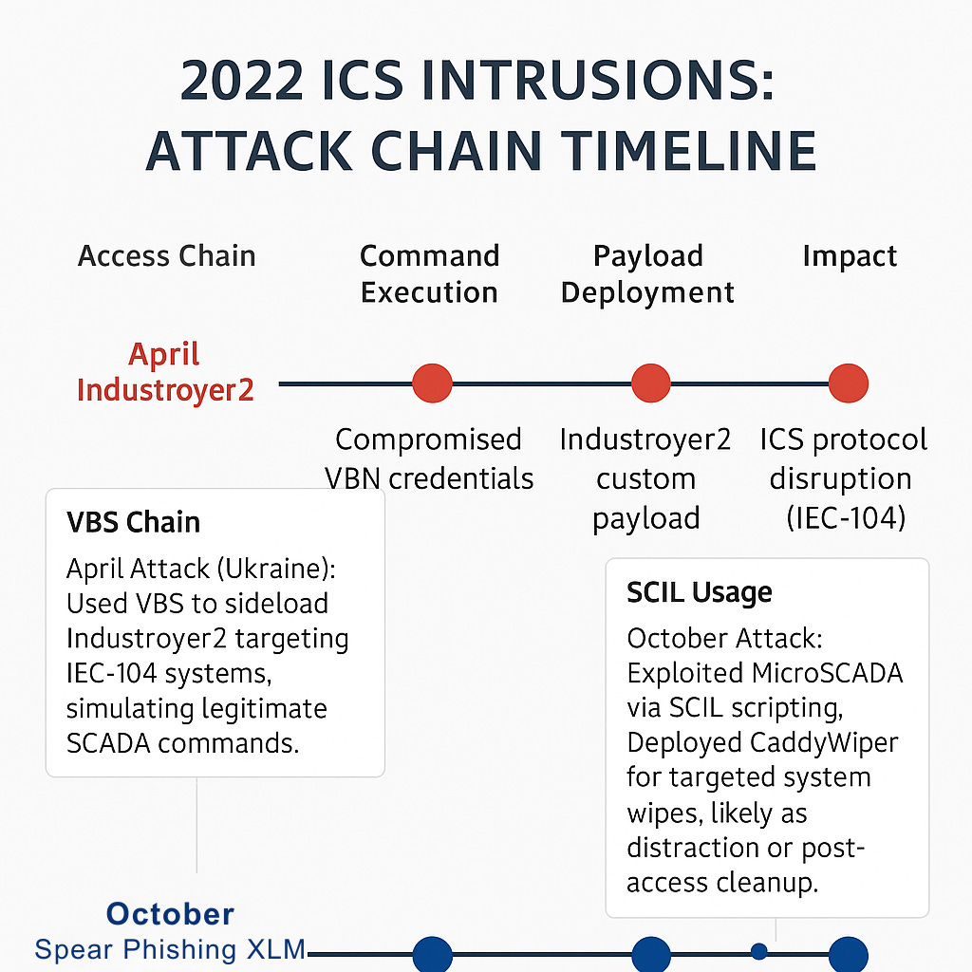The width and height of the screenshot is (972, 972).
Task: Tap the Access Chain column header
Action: (167, 256)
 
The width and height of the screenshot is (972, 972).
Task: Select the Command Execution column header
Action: (429, 273)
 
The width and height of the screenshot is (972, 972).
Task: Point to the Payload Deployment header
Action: (647, 273)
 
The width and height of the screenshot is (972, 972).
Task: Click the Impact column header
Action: (850, 256)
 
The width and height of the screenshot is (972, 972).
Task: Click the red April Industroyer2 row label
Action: (166, 372)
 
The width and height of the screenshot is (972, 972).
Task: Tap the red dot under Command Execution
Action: (432, 384)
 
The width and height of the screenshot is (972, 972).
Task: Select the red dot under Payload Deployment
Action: (651, 384)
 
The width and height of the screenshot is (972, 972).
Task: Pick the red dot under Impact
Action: (848, 384)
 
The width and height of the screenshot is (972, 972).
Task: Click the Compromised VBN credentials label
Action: (429, 458)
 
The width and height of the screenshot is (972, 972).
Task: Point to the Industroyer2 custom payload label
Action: (645, 478)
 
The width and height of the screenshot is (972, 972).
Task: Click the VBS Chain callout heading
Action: (134, 522)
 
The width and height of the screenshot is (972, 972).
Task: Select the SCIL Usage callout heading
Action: (700, 592)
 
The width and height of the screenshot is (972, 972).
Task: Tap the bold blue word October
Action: (170, 914)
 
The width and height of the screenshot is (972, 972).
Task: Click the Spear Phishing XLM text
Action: (170, 949)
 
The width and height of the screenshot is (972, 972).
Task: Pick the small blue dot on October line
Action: (758, 950)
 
